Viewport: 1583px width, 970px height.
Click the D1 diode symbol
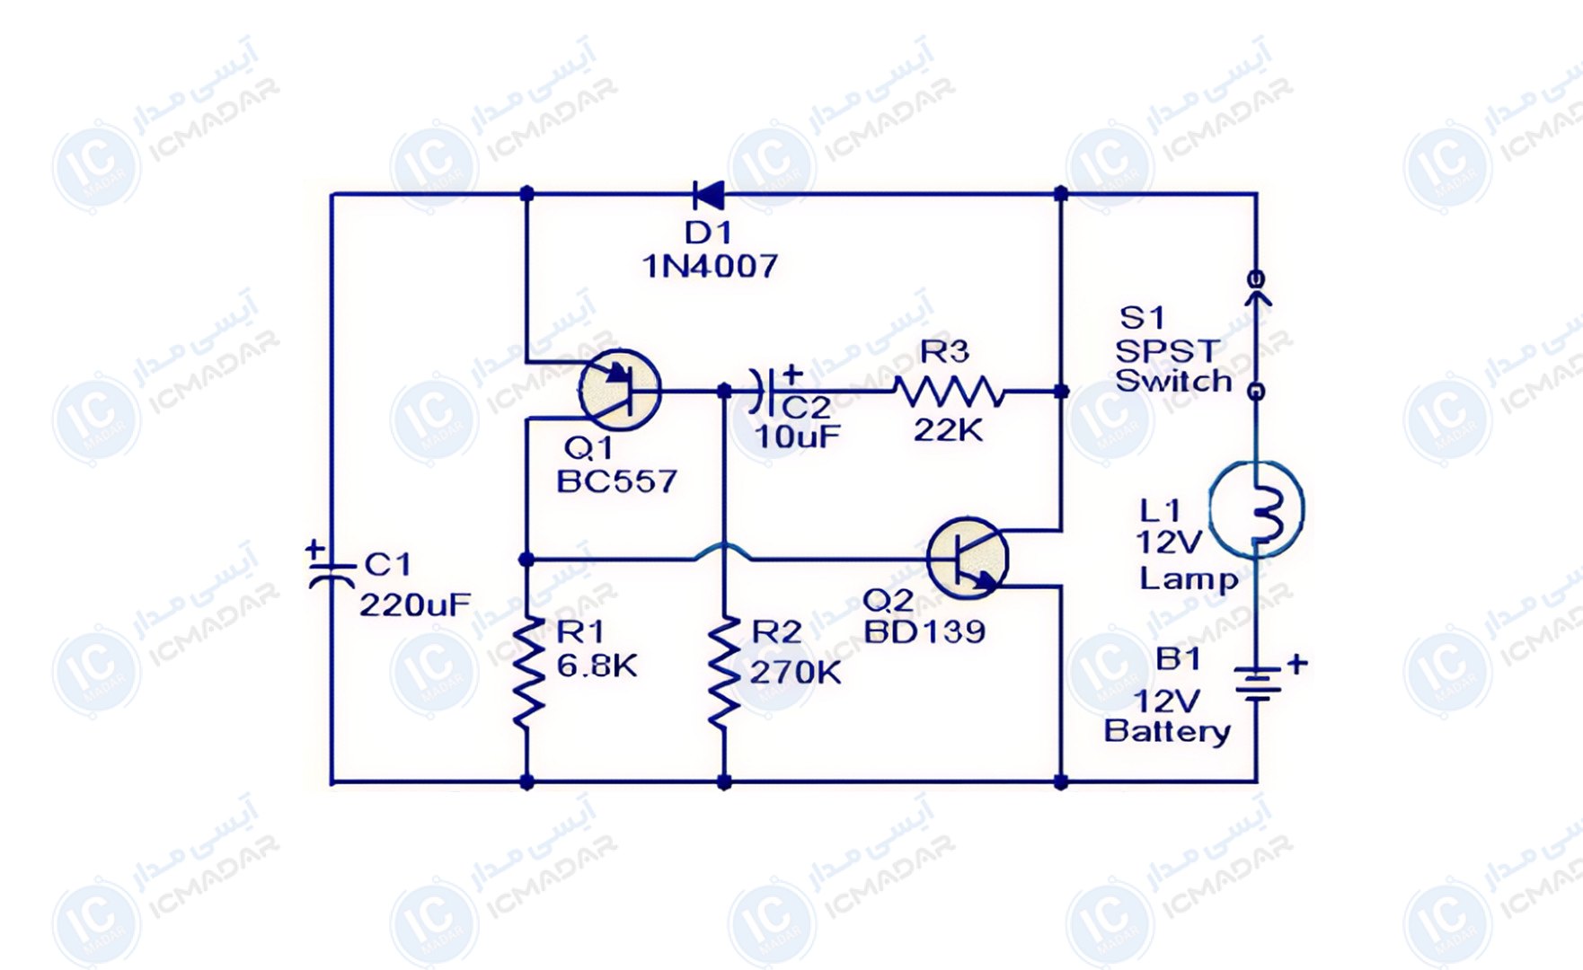pyautogui.click(x=708, y=194)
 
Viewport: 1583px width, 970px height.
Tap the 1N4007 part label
pyautogui.click(x=710, y=266)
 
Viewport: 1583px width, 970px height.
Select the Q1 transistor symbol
pyautogui.click(x=620, y=389)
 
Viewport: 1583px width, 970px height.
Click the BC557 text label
pyautogui.click(x=616, y=481)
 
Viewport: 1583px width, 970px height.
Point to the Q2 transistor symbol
pyautogui.click(x=967, y=558)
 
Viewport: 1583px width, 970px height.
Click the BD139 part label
pyautogui.click(x=924, y=631)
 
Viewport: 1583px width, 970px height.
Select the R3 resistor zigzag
pyautogui.click(x=949, y=392)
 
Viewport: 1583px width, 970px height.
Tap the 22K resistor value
pyautogui.click(x=948, y=430)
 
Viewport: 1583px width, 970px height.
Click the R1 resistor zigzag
pyautogui.click(x=527, y=671)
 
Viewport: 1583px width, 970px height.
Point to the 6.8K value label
pyautogui.click(x=597, y=666)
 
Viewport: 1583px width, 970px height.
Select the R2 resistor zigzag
pyautogui.click(x=724, y=671)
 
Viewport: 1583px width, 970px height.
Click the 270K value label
pyautogui.click(x=795, y=672)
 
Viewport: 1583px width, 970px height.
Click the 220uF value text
pyautogui.click(x=414, y=605)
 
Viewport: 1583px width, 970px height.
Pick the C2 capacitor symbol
pyautogui.click(x=766, y=390)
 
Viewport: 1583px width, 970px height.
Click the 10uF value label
pyautogui.click(x=797, y=436)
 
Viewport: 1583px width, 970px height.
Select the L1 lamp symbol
pyautogui.click(x=1256, y=509)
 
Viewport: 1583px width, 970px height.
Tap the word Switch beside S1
pyautogui.click(x=1173, y=381)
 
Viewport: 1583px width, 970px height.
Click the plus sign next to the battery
pyautogui.click(x=1296, y=664)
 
